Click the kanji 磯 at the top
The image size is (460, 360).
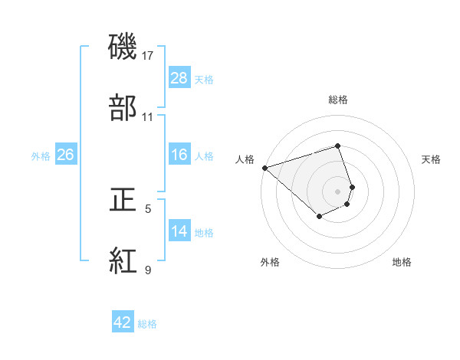click(x=123, y=49)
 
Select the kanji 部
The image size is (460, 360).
click(x=123, y=108)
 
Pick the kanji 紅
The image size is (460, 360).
click(x=123, y=261)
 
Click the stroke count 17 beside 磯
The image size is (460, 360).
click(x=148, y=57)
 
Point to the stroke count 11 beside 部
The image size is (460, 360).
click(x=148, y=117)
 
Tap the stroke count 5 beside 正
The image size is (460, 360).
click(x=148, y=208)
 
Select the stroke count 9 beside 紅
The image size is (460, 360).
click(x=148, y=270)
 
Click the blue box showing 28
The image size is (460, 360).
click(x=179, y=78)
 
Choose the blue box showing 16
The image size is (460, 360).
click(x=179, y=155)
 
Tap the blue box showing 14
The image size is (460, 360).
click(x=179, y=231)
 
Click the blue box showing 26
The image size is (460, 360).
click(x=66, y=155)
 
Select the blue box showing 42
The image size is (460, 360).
click(x=123, y=322)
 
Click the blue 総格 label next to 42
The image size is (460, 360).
click(x=147, y=324)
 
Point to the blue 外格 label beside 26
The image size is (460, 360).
click(x=41, y=156)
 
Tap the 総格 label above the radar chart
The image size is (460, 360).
click(x=338, y=100)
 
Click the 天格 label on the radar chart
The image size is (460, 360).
click(x=432, y=159)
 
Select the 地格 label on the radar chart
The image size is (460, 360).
click(x=402, y=262)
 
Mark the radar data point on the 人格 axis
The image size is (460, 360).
click(x=264, y=167)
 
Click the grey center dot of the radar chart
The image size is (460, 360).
click(x=338, y=191)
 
